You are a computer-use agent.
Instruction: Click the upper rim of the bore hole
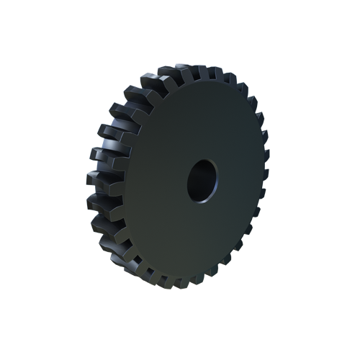tap(204, 161)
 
